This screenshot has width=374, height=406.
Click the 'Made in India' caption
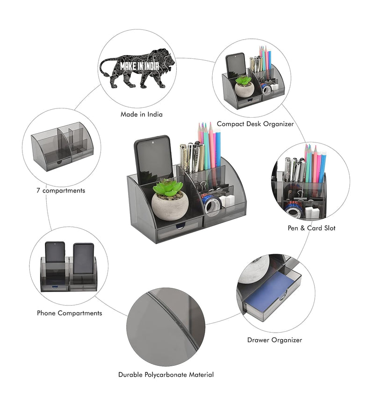pos(141,114)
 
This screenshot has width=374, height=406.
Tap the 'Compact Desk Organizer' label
pos(255,124)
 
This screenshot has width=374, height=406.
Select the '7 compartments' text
pos(61,191)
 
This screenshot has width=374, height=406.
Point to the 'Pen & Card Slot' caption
pos(311,228)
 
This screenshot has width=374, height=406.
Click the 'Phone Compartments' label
pos(69,313)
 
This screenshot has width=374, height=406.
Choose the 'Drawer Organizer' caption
pos(274,340)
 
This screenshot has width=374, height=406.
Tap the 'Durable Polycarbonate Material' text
pos(166,375)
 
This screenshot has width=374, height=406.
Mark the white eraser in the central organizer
pos(228,200)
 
